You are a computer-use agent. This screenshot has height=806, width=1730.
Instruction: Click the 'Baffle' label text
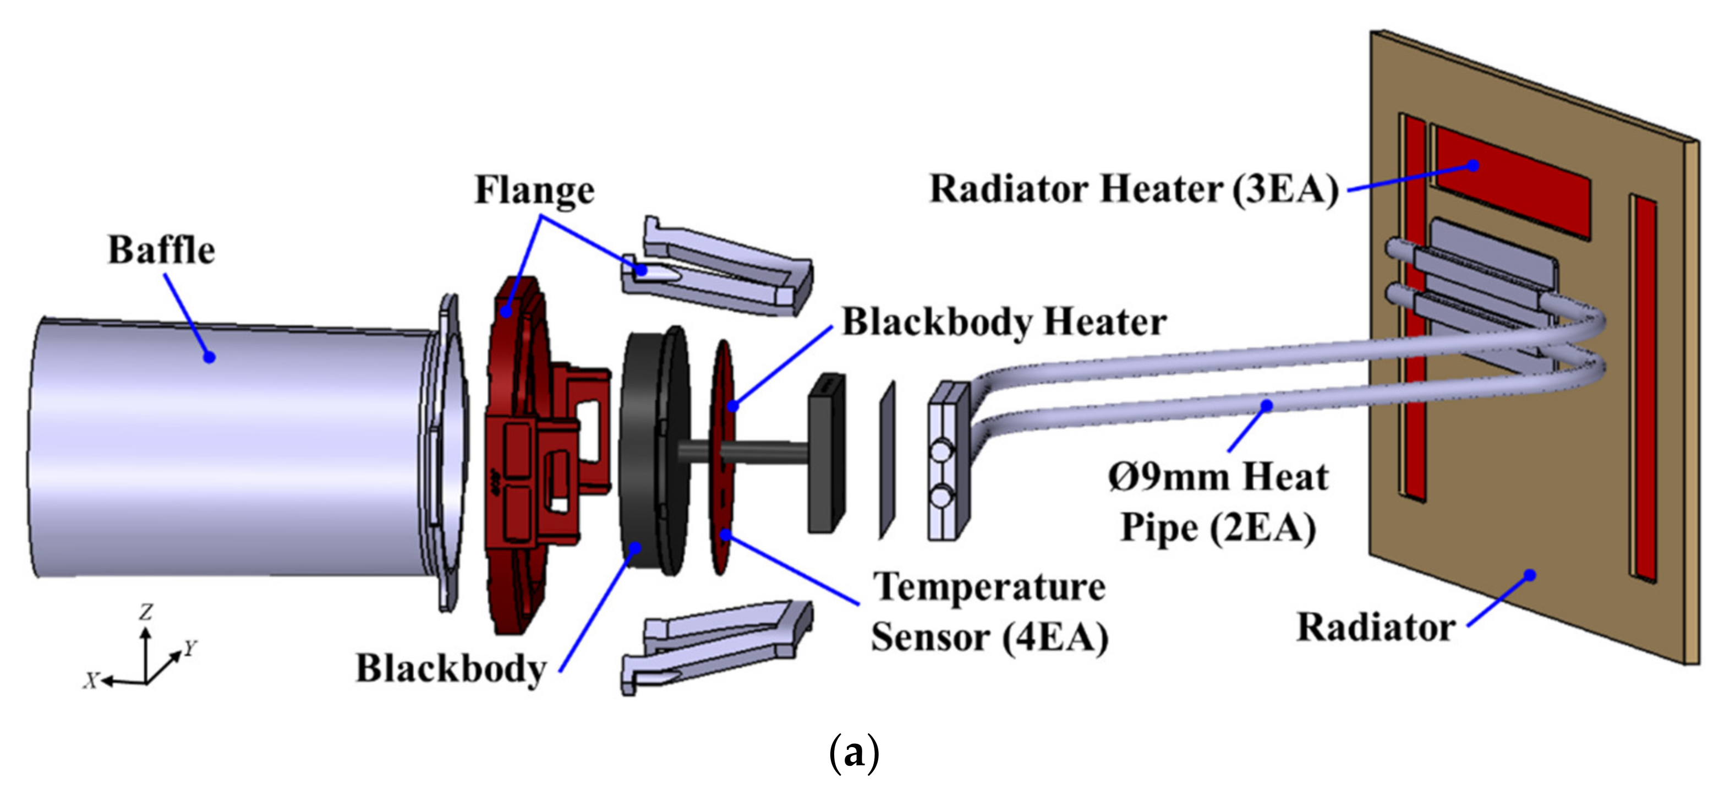click(161, 250)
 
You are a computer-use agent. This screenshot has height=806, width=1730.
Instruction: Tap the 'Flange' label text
click(535, 189)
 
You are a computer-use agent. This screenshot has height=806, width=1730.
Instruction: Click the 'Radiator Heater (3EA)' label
click(1134, 189)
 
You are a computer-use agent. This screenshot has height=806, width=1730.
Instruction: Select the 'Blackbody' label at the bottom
click(451, 668)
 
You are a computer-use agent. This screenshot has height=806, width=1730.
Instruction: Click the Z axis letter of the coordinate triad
click(146, 612)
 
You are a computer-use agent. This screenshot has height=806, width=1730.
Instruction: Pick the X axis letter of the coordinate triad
click(91, 680)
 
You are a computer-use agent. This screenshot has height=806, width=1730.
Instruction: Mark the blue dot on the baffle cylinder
click(210, 357)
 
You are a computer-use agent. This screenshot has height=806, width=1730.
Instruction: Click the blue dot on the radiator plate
click(1529, 575)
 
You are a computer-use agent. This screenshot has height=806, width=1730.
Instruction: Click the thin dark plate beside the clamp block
click(887, 460)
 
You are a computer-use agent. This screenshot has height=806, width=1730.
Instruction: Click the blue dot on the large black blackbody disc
click(634, 547)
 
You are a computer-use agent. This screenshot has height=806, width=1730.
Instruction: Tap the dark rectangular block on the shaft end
click(826, 454)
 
